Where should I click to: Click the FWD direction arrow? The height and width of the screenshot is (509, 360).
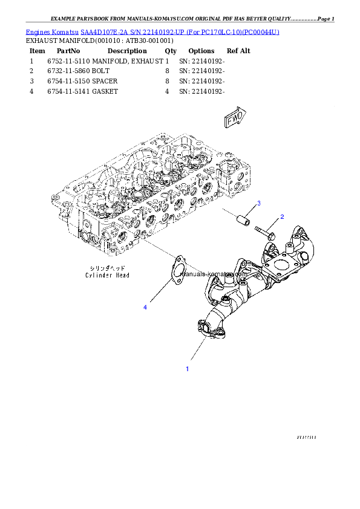click(x=235, y=118)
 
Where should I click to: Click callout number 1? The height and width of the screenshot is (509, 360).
click(x=187, y=368)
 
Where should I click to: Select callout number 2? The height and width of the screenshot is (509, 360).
click(x=281, y=216)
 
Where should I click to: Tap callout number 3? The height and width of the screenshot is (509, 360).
click(x=259, y=203)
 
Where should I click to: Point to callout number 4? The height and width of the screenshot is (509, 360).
click(x=145, y=308)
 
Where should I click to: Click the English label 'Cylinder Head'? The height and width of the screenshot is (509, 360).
click(x=107, y=275)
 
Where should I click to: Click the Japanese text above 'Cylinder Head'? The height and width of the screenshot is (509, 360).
click(x=107, y=267)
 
